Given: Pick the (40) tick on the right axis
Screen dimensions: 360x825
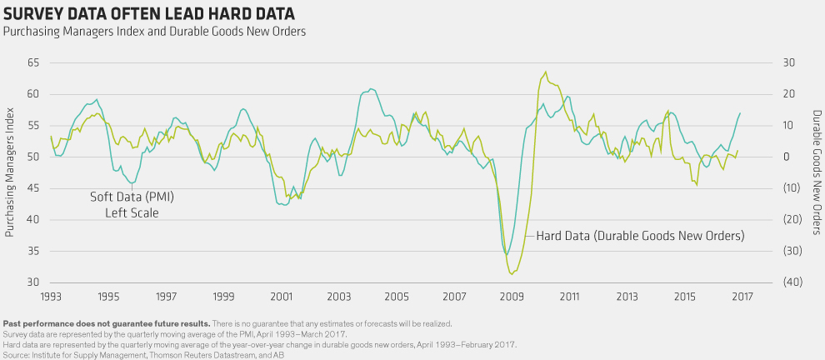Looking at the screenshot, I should [792, 282].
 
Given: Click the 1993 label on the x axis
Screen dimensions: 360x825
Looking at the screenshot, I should [51, 297].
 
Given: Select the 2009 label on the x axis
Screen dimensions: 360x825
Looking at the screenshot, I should [512, 297].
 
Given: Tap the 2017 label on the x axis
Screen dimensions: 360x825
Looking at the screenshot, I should [742, 297].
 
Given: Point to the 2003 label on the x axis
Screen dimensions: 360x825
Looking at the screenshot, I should [338, 297].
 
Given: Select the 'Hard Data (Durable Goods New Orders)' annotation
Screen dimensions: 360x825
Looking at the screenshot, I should [640, 236].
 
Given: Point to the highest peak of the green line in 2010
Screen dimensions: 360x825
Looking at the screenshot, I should [546, 72].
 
